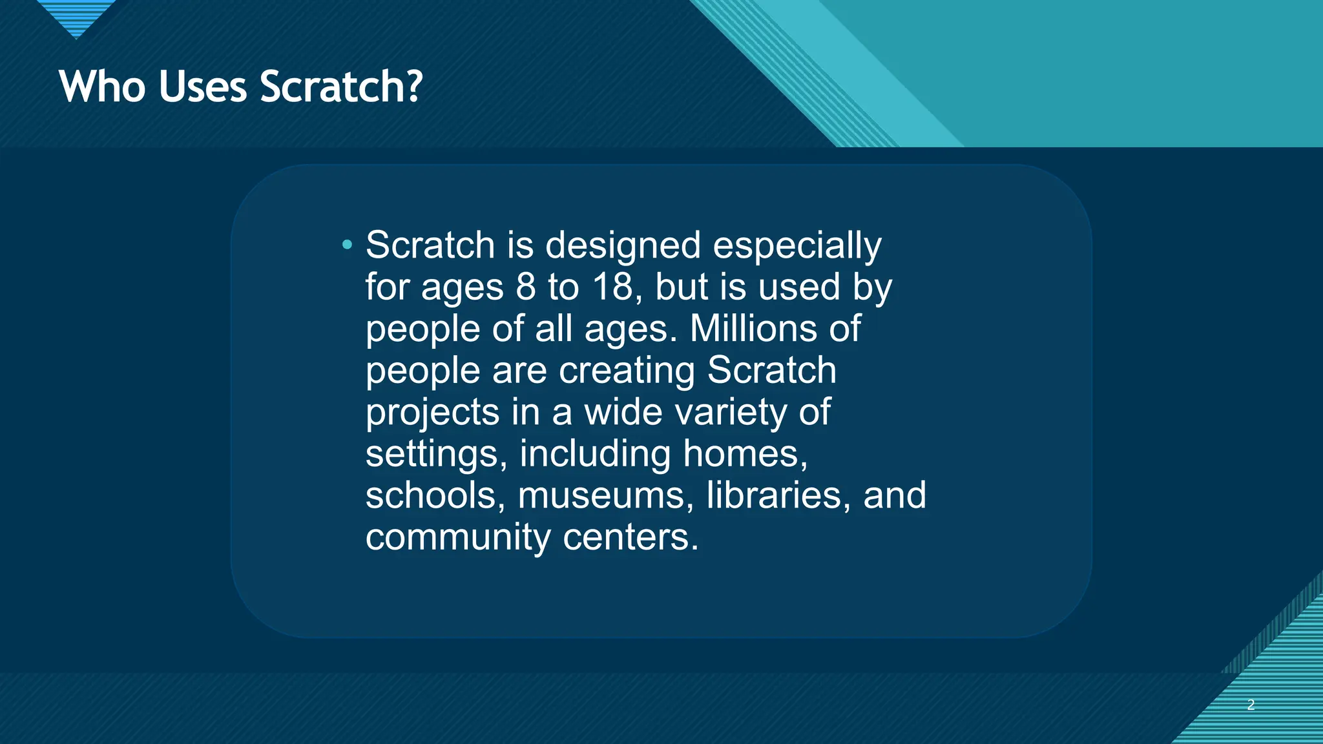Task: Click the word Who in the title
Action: pos(102,87)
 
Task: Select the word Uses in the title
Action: pos(202,87)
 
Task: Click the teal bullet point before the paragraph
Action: pos(348,245)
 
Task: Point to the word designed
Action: pos(623,246)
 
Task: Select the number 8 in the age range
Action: pos(526,287)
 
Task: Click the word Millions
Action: pos(752,329)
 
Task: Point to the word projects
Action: pos(432,413)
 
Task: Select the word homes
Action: pos(745,453)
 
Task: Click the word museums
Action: pos(606,495)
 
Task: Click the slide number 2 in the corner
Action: pos(1251,705)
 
